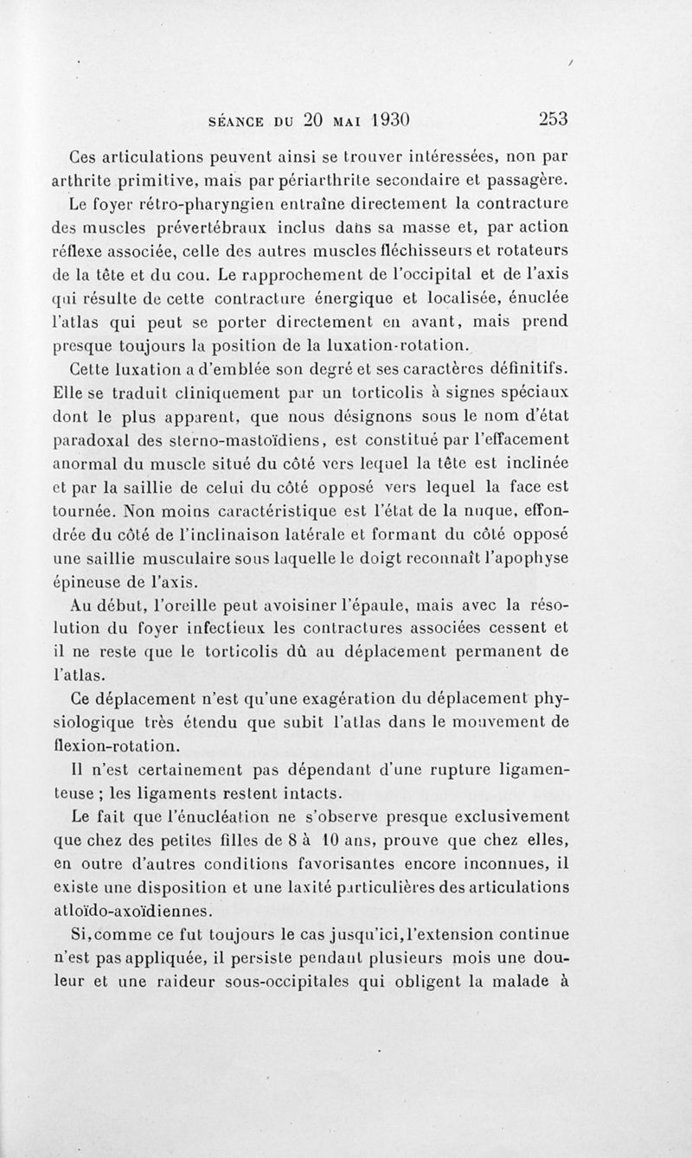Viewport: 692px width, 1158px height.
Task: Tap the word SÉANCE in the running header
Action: [245, 120]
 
